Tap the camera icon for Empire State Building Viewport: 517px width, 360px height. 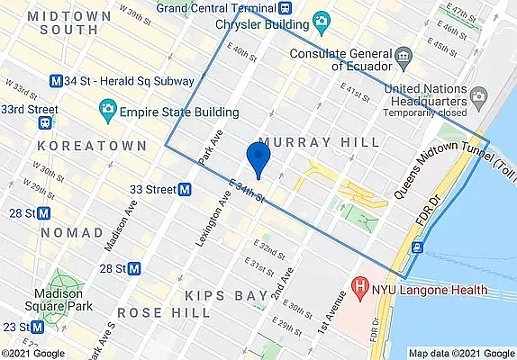(x=107, y=112)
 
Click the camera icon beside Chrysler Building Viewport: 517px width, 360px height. (x=320, y=21)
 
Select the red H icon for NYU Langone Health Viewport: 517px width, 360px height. (x=361, y=291)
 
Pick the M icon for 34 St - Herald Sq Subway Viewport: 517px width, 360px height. (x=58, y=80)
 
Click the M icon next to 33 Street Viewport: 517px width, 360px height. (x=185, y=190)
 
